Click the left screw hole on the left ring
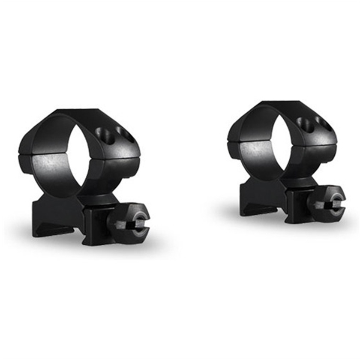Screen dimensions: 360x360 105,135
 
